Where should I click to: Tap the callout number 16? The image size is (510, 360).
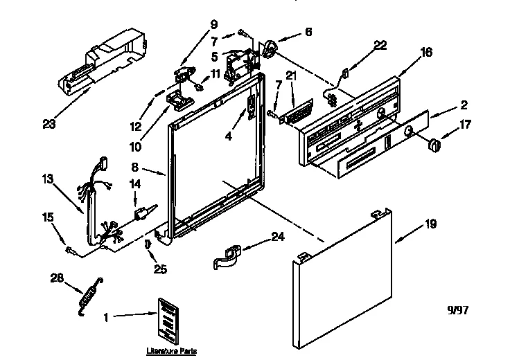[426, 51]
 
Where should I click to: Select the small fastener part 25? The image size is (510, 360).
[148, 244]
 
